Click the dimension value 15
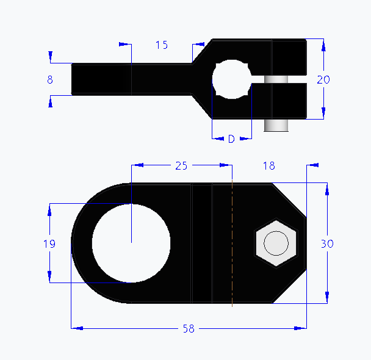[162, 45]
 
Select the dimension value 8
[50, 79]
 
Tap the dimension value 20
[323, 79]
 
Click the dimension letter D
[231, 139]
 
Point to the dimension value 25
[181, 165]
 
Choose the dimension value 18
[268, 165]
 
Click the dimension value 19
[49, 243]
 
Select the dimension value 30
[327, 243]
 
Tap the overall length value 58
[189, 329]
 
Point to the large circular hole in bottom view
[131, 243]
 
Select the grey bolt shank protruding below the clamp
[276, 124]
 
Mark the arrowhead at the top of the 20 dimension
[323, 44]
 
